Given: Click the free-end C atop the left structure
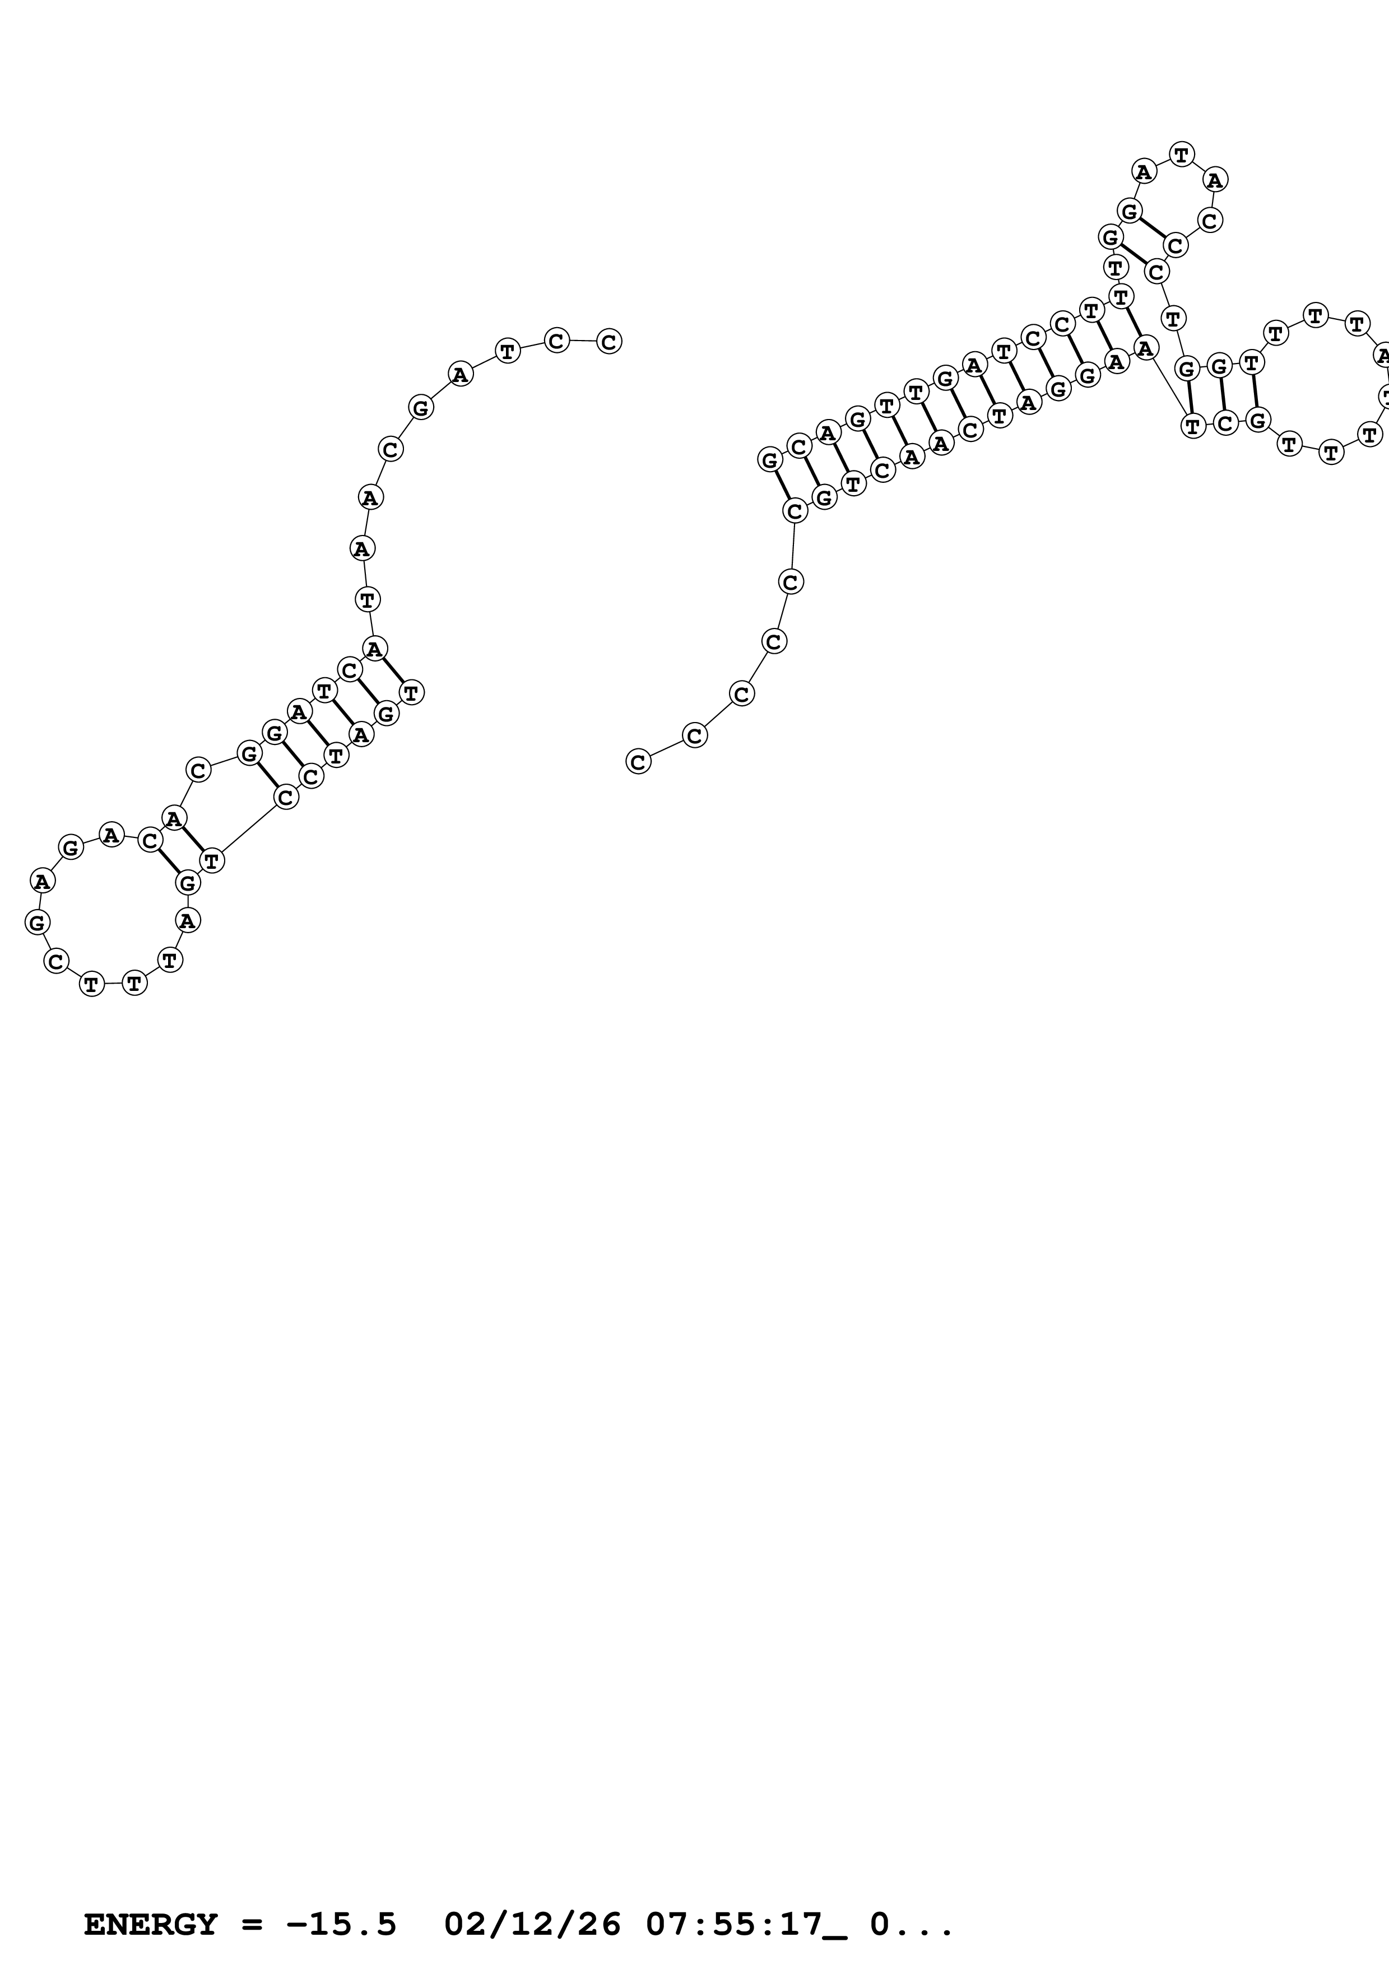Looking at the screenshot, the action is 608,342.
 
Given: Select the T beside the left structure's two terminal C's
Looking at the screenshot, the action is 508,351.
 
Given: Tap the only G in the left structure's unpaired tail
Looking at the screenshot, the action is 420,407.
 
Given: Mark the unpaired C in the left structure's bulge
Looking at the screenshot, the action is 198,770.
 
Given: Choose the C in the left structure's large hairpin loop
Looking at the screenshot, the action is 55,961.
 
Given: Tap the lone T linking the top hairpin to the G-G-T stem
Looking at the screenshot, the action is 1173,318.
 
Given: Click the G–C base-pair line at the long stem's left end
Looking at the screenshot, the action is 782,485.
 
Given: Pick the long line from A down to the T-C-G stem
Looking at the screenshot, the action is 1168,386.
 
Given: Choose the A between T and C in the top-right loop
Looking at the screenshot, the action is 1214,180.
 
